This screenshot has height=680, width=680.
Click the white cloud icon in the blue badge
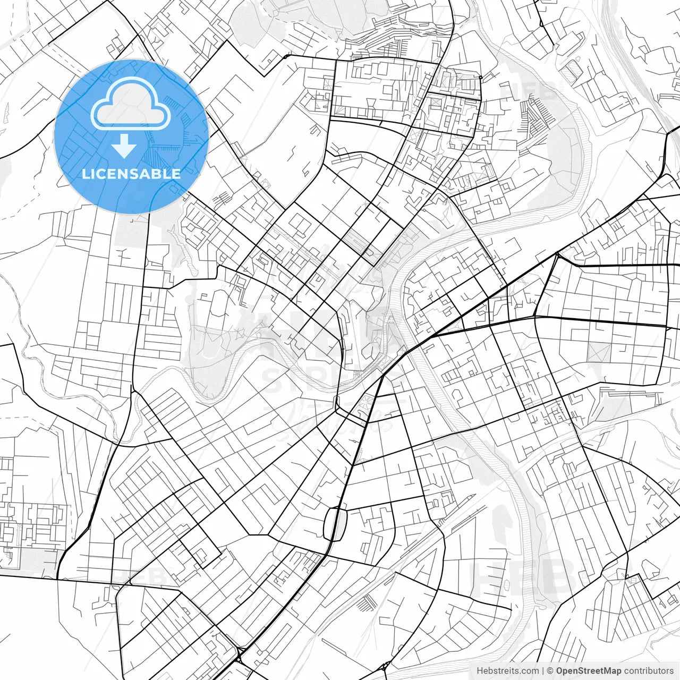click(x=130, y=104)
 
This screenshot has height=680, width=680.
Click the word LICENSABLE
click(x=131, y=174)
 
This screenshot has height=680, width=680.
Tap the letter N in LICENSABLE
click(x=124, y=174)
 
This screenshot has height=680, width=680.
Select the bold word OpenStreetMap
click(x=588, y=671)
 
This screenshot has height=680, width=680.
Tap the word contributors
click(x=648, y=671)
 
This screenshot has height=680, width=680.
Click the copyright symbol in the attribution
click(x=550, y=671)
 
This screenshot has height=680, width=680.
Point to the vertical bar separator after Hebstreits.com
click(x=543, y=671)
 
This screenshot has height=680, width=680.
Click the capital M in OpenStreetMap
click(x=607, y=671)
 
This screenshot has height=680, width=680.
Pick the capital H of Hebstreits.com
click(x=480, y=671)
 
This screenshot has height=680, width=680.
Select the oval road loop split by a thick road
click(x=335, y=523)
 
